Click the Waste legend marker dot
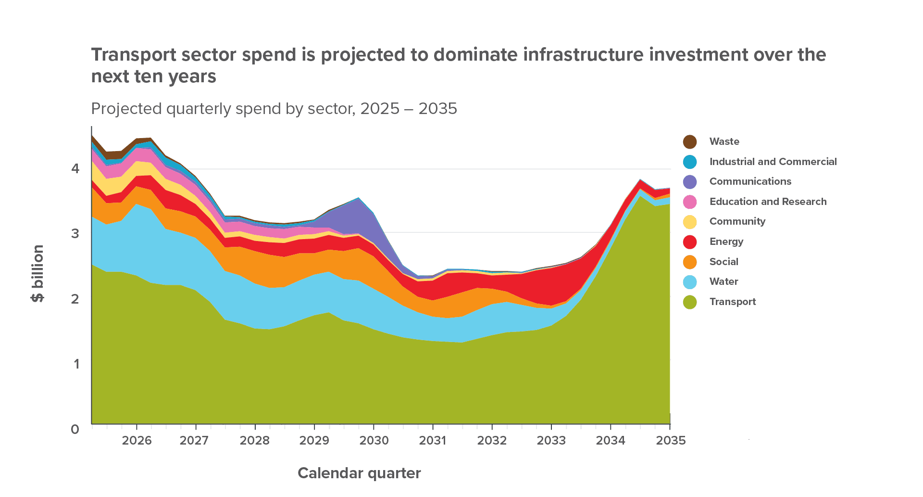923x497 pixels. point(690,142)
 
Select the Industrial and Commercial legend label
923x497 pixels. point(773,162)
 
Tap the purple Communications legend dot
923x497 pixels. point(690,182)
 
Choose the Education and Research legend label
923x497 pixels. point(768,202)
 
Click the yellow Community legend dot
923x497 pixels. point(690,222)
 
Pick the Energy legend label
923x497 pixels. point(726,242)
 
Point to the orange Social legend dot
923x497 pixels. point(690,262)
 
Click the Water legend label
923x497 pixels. point(723,281)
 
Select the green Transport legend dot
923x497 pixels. point(690,302)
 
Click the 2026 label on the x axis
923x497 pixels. point(137,440)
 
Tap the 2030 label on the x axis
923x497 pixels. point(374,440)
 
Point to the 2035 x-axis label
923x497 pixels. point(671,440)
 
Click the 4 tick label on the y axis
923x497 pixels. point(75,168)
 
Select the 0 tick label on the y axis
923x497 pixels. point(75,429)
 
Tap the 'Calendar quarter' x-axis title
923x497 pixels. point(359,473)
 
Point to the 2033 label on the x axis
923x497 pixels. point(551,440)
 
